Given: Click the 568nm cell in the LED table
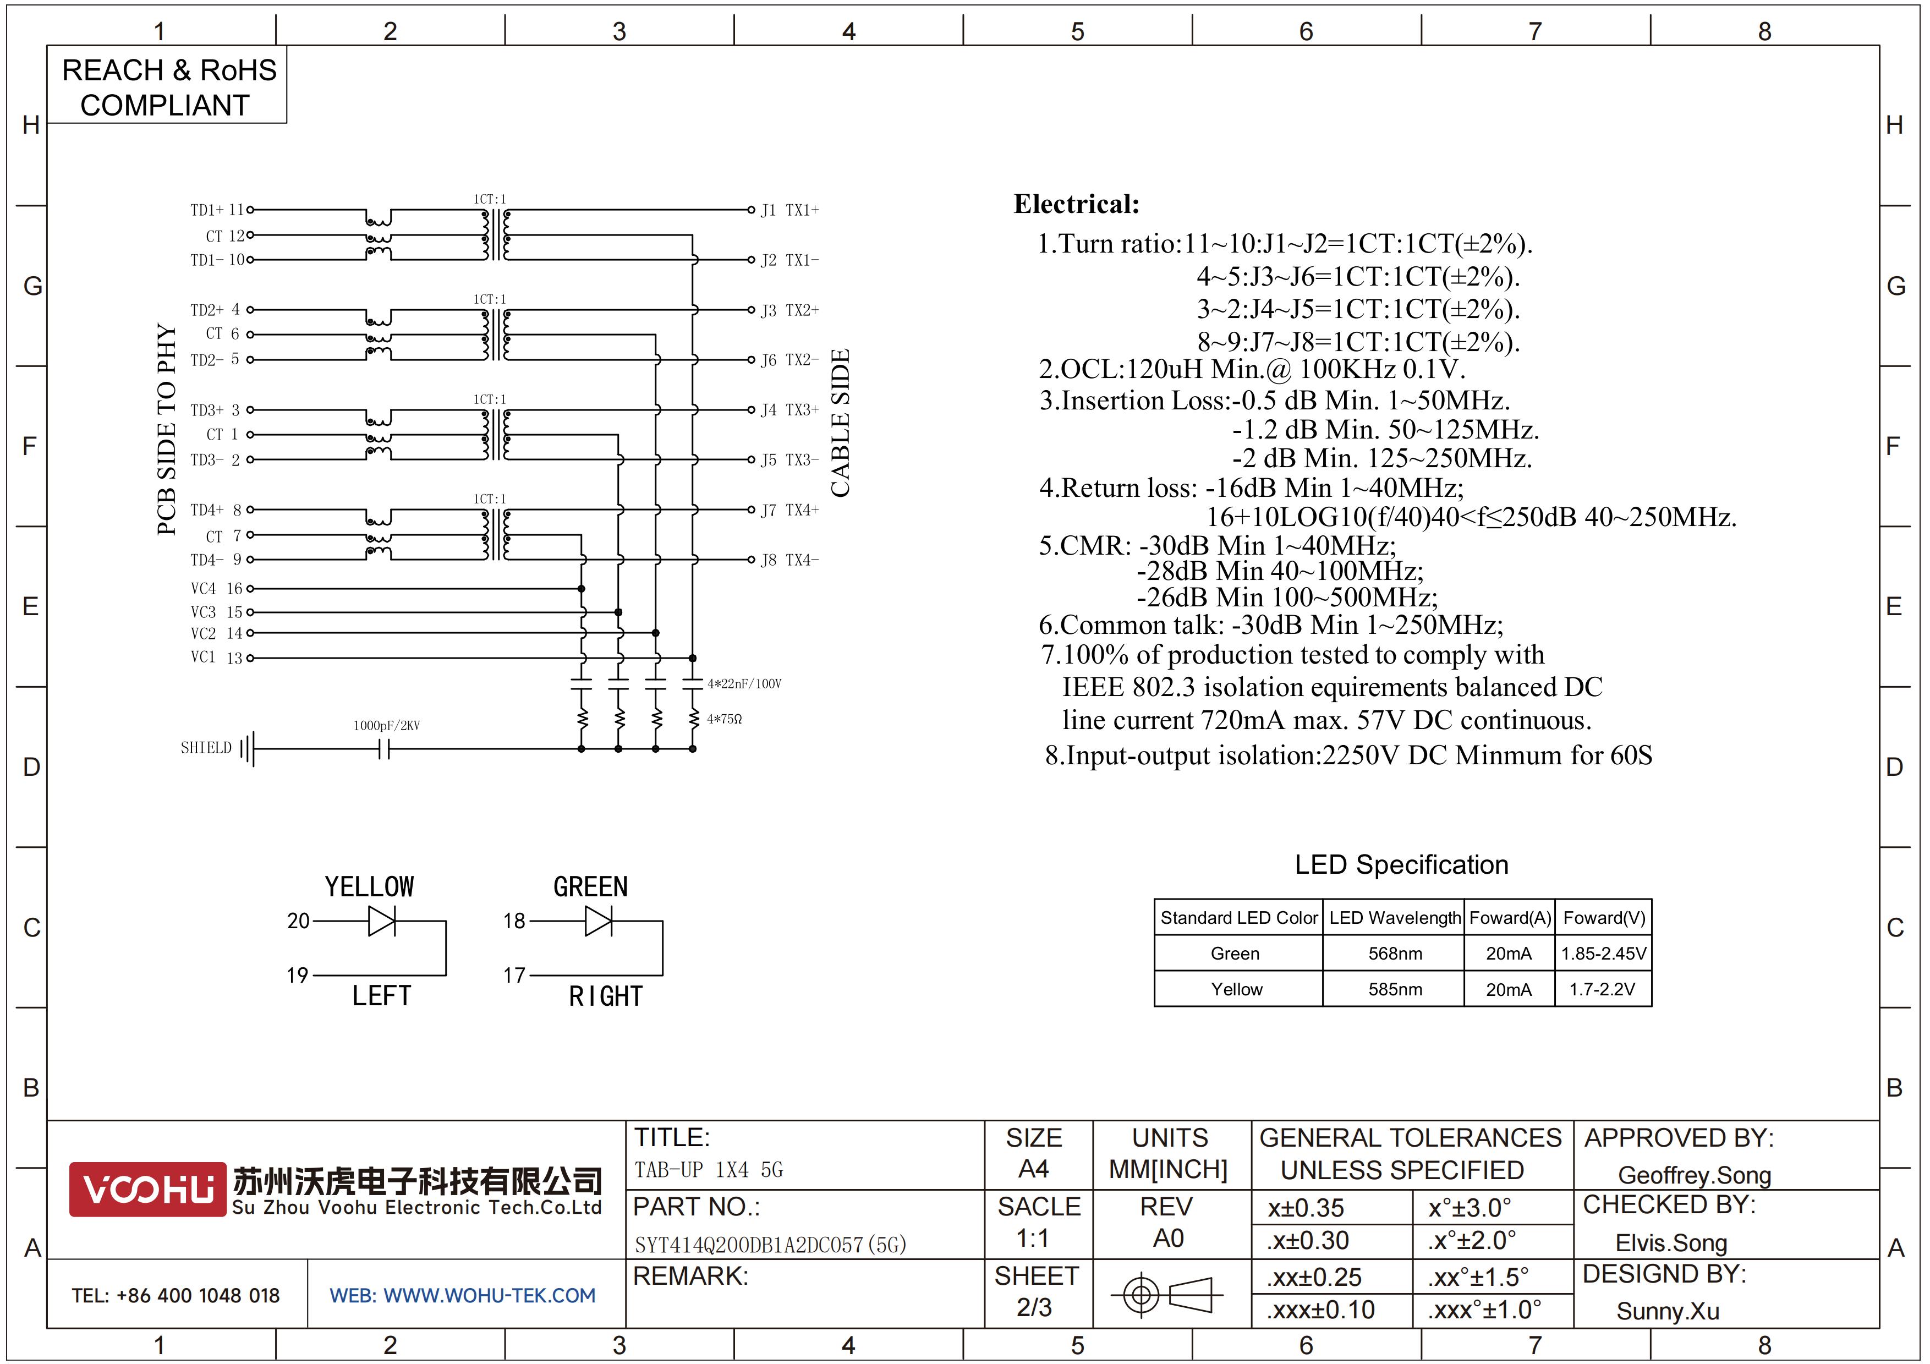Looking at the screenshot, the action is coord(1395,953).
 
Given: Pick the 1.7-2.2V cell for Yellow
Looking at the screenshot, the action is coord(1602,989).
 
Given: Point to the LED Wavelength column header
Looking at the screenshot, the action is coord(1395,918).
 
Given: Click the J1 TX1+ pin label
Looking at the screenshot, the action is coord(789,210).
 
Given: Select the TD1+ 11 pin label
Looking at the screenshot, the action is coord(217,210).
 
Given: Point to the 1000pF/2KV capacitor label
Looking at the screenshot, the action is coord(387,725).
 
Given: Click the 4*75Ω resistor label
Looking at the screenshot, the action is coord(724,719).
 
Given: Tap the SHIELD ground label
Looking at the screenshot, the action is coord(206,748).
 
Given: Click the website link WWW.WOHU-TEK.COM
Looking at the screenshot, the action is coord(489,1296).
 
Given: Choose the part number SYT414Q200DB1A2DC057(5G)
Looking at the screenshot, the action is coord(770,1245).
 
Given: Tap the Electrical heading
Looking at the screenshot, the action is coord(1077,204).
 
